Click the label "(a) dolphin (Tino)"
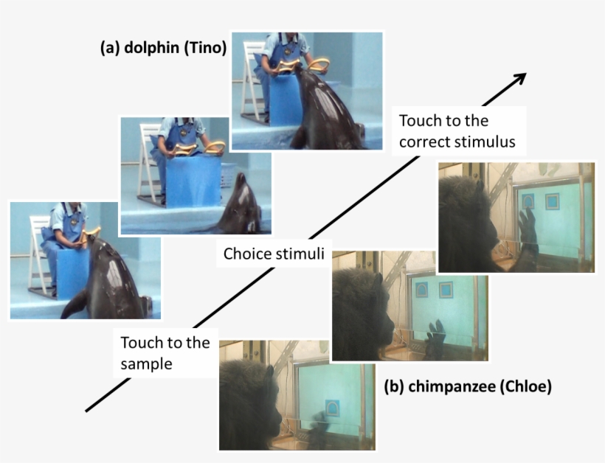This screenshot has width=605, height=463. pos(163,48)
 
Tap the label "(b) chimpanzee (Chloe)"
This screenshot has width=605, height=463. pos(468,386)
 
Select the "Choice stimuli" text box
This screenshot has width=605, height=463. pos(274,254)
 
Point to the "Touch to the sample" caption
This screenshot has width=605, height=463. pos(165,352)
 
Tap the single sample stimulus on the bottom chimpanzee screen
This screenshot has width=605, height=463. pos(332,408)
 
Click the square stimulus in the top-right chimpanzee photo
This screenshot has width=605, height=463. pos(552,201)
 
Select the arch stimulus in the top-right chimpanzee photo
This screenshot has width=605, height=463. pos(528,201)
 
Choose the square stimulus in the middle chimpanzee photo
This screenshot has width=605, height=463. pos(446,290)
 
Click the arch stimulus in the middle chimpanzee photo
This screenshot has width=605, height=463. pos(422,290)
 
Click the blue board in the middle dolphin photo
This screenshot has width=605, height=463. pos(193,181)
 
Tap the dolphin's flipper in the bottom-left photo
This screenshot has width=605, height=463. pos(73,304)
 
